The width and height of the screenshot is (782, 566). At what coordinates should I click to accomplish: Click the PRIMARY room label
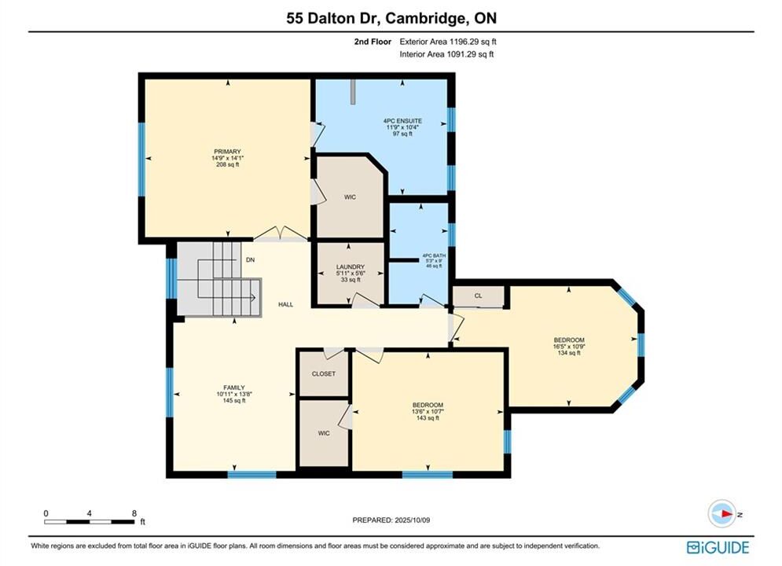227,152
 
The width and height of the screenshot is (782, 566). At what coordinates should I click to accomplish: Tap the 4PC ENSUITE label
402,121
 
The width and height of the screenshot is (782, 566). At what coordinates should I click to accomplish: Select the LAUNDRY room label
350,266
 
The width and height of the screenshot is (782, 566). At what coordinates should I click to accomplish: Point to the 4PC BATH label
434,255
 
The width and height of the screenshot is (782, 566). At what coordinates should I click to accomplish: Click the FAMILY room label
234,388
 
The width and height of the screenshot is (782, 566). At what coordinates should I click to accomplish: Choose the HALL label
286,304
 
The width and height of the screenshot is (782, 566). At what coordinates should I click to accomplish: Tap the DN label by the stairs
251,260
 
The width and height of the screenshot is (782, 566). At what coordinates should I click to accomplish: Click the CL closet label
479,296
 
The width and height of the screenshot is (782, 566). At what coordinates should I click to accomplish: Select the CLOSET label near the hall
324,373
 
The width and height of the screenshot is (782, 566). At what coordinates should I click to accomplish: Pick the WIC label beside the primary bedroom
350,197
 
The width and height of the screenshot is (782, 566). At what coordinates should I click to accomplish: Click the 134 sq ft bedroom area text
569,353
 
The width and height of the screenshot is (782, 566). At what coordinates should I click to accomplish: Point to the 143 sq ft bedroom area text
428,418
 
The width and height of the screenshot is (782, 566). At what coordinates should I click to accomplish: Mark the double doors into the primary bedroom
281,233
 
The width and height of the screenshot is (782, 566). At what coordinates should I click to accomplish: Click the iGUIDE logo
718,547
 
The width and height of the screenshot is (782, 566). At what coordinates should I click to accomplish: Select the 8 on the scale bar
134,513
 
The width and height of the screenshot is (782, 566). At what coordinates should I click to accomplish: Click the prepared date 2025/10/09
412,520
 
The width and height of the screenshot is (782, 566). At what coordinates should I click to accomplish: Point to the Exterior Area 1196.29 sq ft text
448,42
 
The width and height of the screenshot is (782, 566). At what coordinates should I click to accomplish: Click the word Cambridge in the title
424,18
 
